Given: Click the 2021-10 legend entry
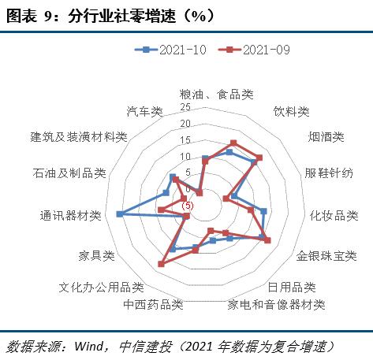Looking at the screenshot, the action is (170, 50).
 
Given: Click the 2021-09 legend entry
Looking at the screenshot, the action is (254, 50).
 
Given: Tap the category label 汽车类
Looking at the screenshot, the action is (145, 112).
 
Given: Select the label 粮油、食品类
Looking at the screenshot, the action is (216, 95).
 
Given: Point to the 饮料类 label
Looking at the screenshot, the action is (291, 112).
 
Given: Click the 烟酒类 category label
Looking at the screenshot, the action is (326, 137).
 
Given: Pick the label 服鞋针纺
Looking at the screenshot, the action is (329, 173).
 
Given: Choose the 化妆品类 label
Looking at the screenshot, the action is (334, 216).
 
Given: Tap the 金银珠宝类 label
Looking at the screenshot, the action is (326, 256).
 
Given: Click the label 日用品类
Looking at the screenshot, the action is (292, 288).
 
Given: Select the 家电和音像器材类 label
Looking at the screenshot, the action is (276, 305).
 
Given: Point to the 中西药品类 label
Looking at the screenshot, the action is (153, 305).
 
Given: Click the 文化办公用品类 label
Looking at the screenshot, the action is (101, 288).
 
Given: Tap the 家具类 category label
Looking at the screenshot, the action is (97, 256).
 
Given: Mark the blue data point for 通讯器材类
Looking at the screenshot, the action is (120, 214).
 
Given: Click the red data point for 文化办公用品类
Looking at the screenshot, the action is (161, 264).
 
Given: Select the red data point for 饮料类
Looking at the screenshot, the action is (233, 143).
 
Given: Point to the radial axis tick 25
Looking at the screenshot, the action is (185, 107).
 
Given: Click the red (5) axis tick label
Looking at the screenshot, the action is (188, 206).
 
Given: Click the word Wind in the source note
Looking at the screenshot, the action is (89, 346).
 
